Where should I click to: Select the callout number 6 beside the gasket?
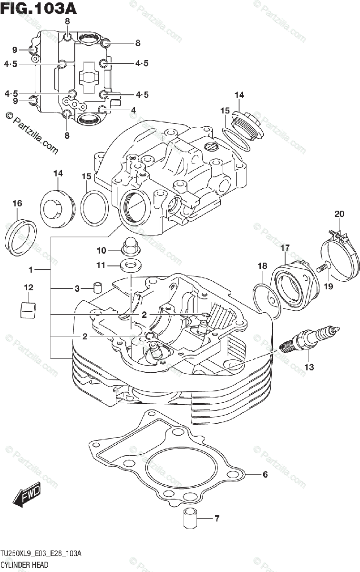265,474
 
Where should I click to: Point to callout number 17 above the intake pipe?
285,248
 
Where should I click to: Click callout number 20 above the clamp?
339,214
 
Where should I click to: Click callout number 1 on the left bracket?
31,270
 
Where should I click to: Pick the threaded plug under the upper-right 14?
248,125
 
